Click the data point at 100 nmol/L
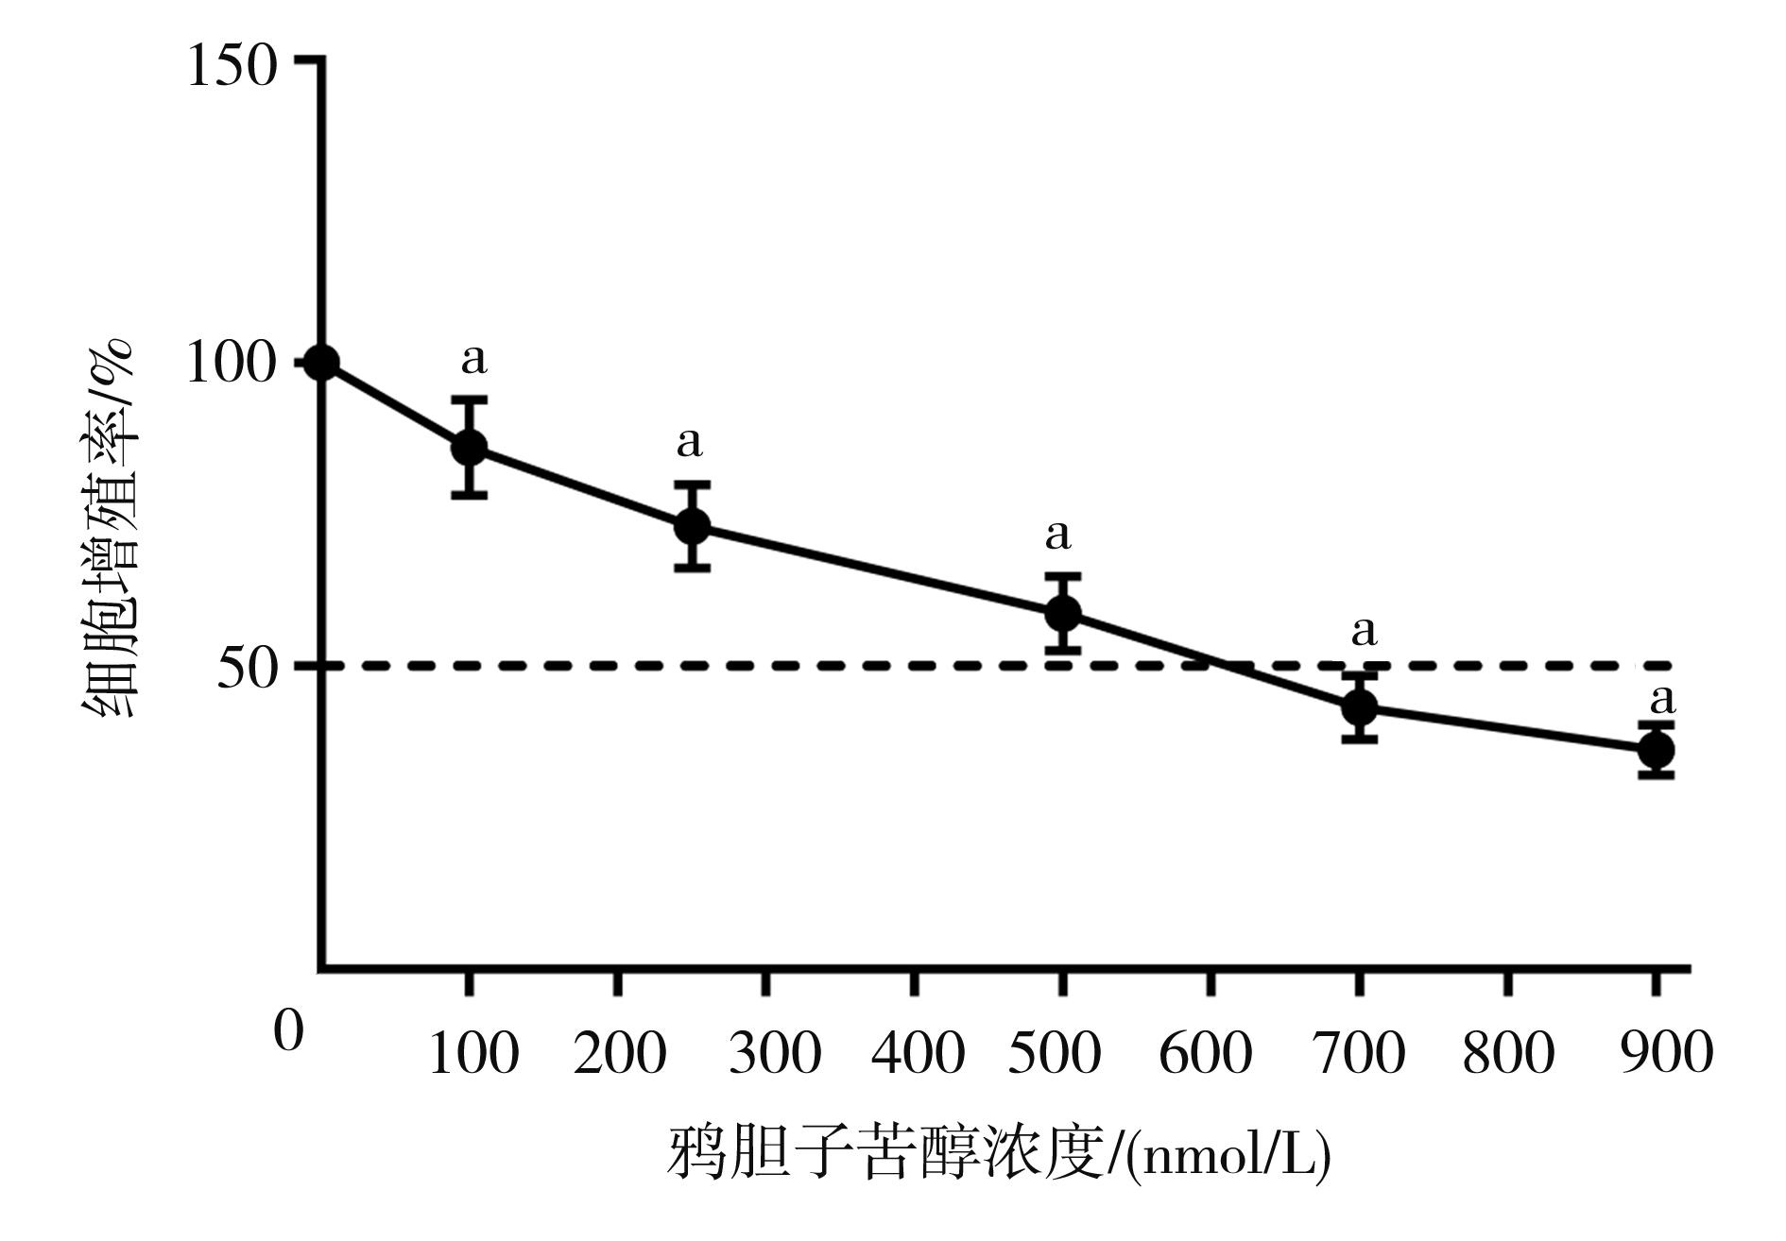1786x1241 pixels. coord(470,447)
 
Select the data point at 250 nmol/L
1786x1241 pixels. coord(693,526)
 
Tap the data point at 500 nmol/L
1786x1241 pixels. coord(1063,613)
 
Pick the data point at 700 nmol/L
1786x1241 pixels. coord(1360,705)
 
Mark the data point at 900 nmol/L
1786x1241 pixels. coord(1657,750)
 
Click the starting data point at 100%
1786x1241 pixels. coord(322,363)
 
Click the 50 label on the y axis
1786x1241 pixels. coord(248,670)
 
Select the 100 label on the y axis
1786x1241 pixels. coord(232,364)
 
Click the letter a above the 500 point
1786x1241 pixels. coord(1058,535)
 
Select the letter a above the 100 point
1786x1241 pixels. coord(474,360)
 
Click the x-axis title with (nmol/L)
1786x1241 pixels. coord(1000,1153)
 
